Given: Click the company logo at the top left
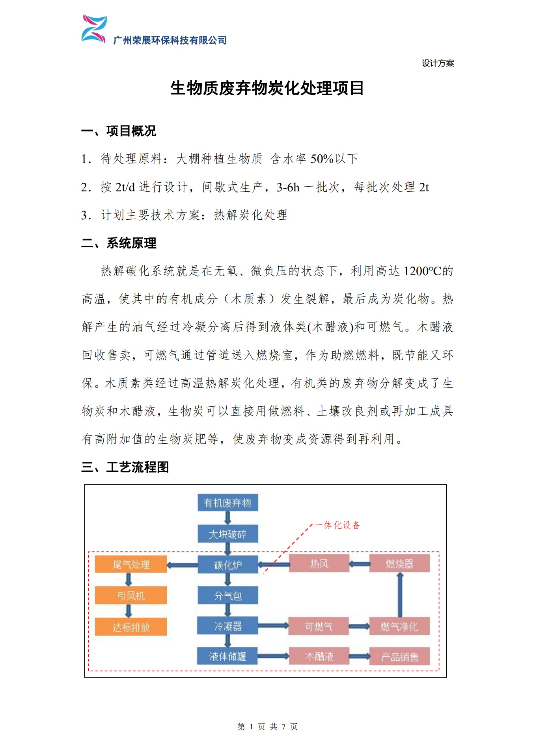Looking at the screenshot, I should pyautogui.click(x=94, y=29).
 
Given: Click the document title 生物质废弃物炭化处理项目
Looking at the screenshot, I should pyautogui.click(x=267, y=88).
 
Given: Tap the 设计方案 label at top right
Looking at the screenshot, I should pyautogui.click(x=438, y=63).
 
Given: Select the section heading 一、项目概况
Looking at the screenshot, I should pyautogui.click(x=119, y=131).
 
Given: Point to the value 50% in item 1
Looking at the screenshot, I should pyautogui.click(x=322, y=159).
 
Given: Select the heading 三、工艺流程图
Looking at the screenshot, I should pyautogui.click(x=125, y=467).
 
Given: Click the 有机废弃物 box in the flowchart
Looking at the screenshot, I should pyautogui.click(x=227, y=503).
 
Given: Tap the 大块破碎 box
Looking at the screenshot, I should pyautogui.click(x=227, y=534).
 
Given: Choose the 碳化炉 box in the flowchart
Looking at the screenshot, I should pyautogui.click(x=227, y=565).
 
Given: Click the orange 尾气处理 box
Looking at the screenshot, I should pyautogui.click(x=131, y=565).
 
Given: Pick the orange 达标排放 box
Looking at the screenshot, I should pyautogui.click(x=131, y=627).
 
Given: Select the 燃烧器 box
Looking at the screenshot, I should pyautogui.click(x=399, y=564).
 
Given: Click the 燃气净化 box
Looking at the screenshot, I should pyautogui.click(x=399, y=626).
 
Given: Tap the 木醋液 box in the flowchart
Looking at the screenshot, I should pyautogui.click(x=319, y=656).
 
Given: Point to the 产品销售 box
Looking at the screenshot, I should pyautogui.click(x=399, y=657).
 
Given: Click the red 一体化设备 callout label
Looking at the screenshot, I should pyautogui.click(x=338, y=525).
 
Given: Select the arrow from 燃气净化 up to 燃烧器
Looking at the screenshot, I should pyautogui.click(x=400, y=595).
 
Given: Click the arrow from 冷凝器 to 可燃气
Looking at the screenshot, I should pyautogui.click(x=273, y=626).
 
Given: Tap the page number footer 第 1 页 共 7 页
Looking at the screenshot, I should pyautogui.click(x=267, y=726).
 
